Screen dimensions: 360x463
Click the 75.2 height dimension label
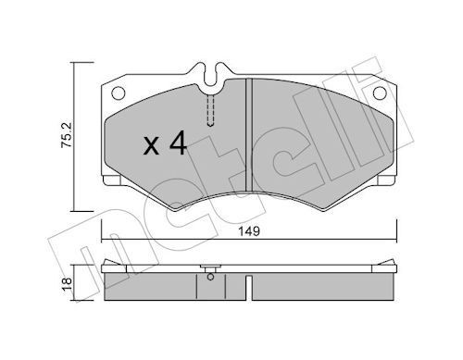66,133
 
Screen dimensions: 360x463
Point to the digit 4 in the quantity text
180,143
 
